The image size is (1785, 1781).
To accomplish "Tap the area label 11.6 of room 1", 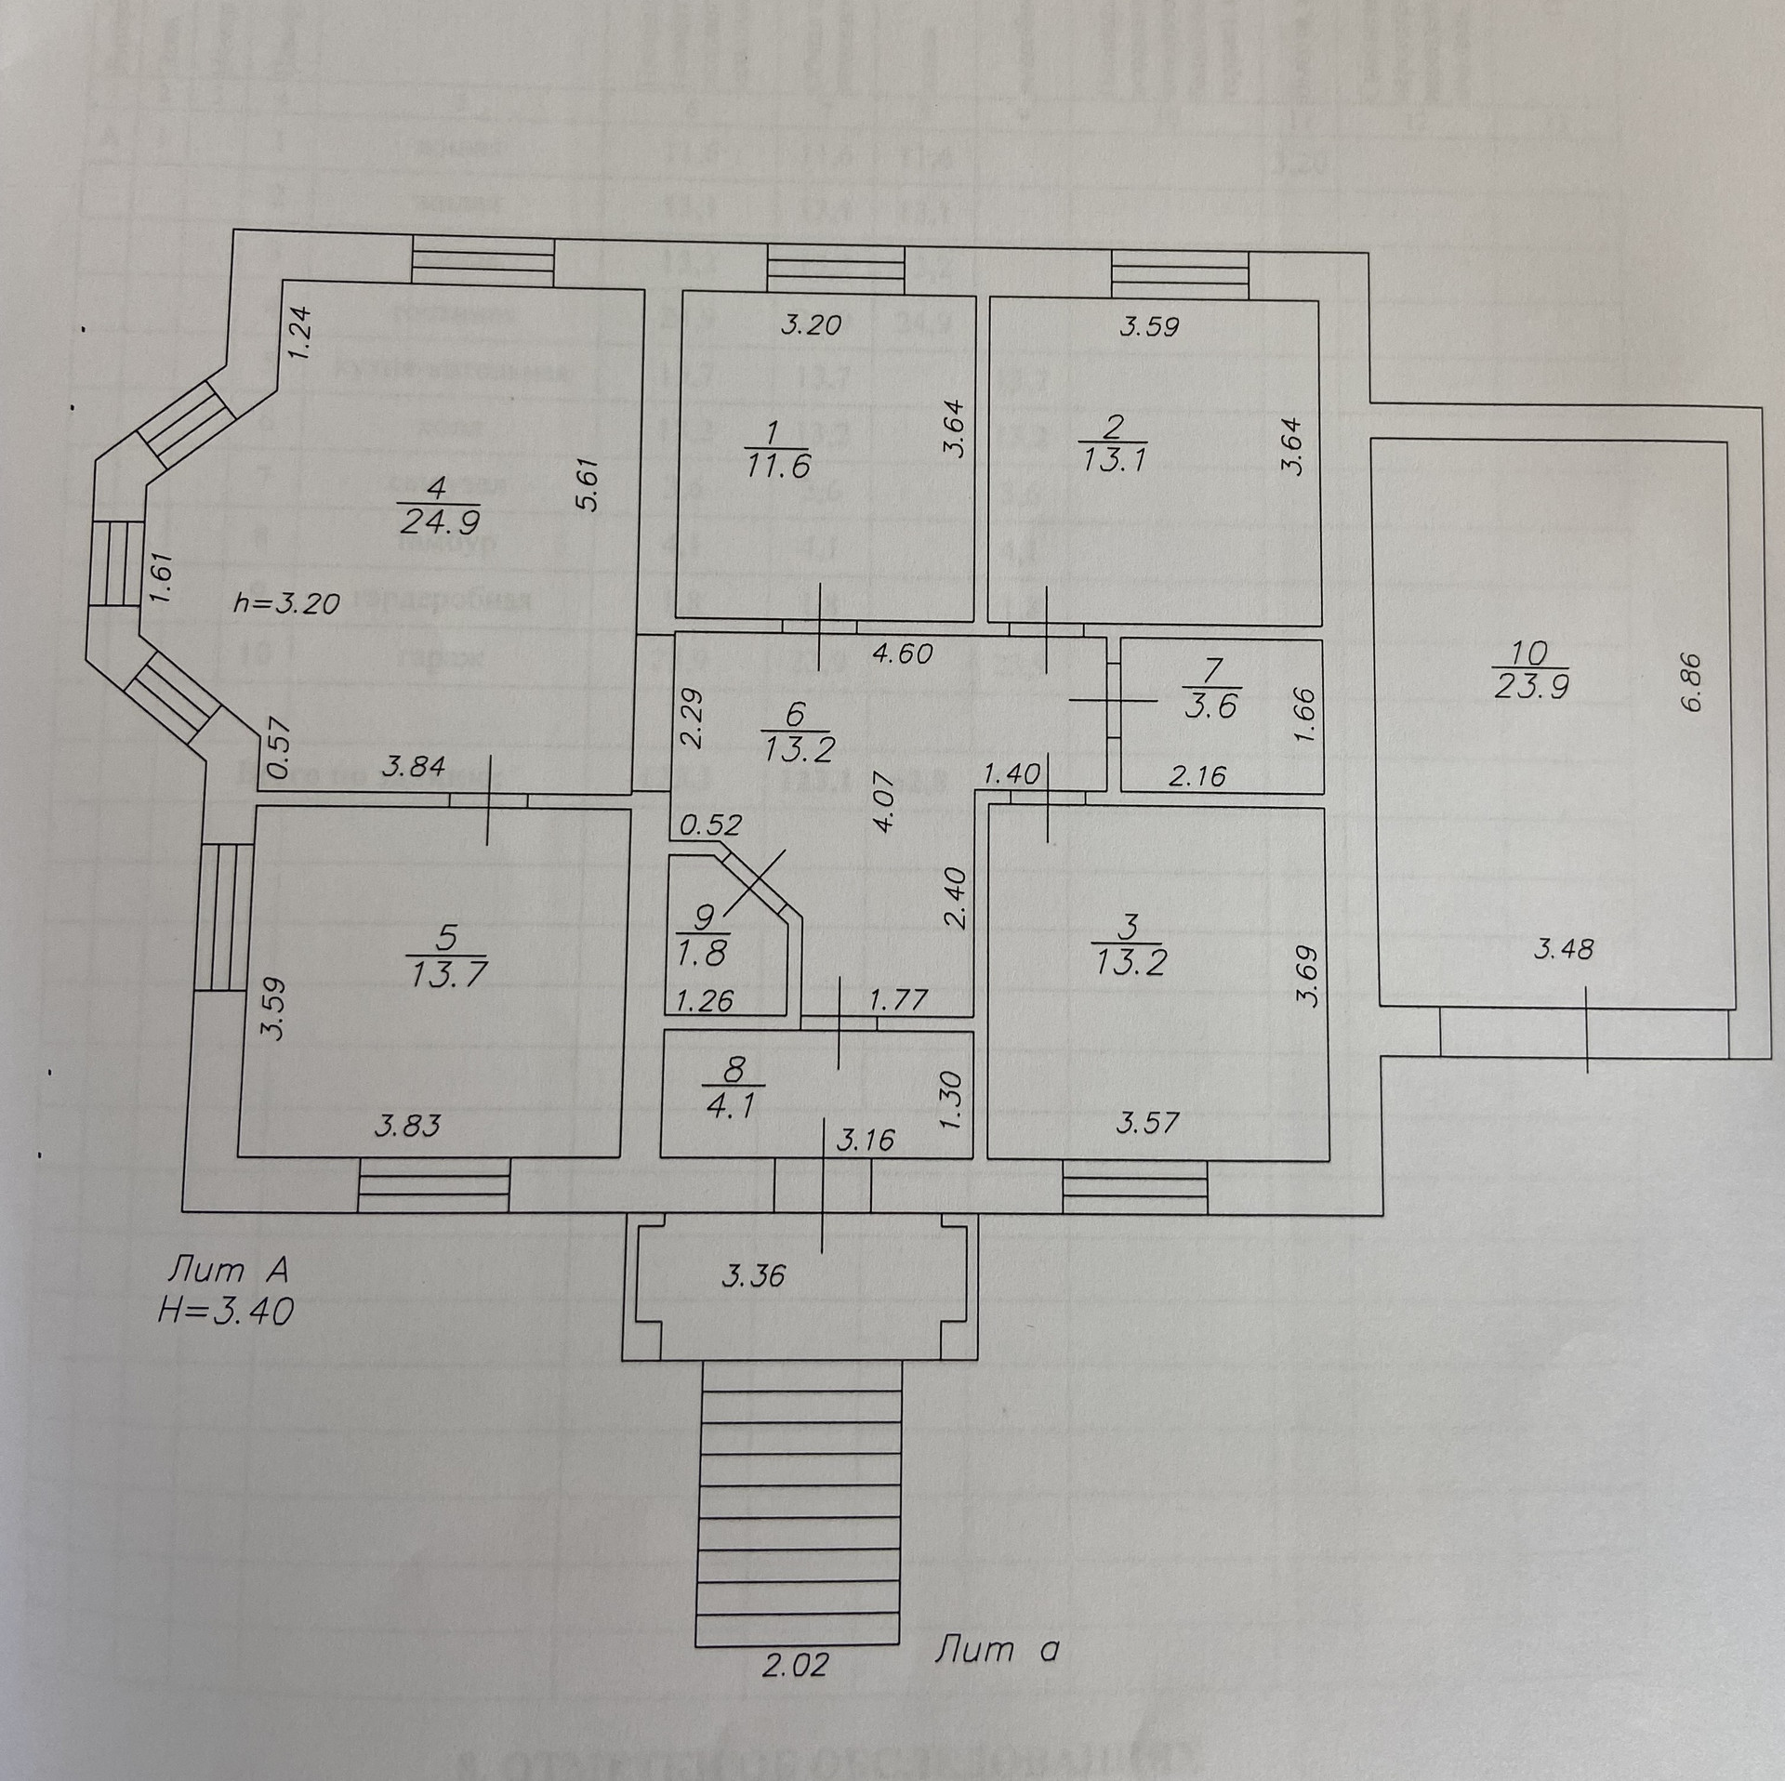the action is pyautogui.click(x=777, y=465).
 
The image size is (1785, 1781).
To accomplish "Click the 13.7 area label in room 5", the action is pyautogui.click(x=447, y=973).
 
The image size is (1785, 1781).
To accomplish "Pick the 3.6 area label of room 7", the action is pyautogui.click(x=1212, y=706).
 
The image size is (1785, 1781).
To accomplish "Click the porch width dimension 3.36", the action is pyautogui.click(x=754, y=1275).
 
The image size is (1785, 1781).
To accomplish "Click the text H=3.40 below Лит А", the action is pyautogui.click(x=226, y=1311).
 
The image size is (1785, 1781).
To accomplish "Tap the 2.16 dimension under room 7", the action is pyautogui.click(x=1197, y=774).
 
